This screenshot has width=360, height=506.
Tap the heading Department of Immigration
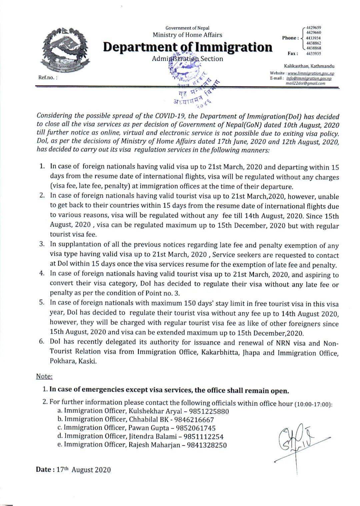(187, 47)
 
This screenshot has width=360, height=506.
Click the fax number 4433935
(313, 53)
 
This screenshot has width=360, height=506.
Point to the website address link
(311, 73)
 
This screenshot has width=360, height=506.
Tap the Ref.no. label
(48, 77)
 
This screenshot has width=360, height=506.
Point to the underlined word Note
(44, 376)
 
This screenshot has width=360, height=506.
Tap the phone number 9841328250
(206, 445)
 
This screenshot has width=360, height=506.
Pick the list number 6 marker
(42, 342)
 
